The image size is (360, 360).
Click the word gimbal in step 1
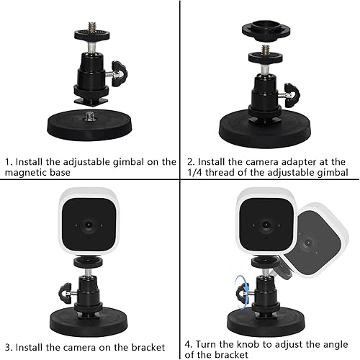click(x=128, y=162)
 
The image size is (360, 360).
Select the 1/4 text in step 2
click(x=194, y=172)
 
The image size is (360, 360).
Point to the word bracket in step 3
click(x=148, y=347)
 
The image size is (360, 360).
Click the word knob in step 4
click(x=248, y=344)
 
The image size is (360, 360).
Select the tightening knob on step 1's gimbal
click(x=120, y=73)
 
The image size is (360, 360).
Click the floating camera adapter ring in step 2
click(x=266, y=30)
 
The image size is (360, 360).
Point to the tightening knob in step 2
click(x=292, y=95)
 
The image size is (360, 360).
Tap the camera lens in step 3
click(x=89, y=225)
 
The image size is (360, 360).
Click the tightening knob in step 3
click(x=65, y=293)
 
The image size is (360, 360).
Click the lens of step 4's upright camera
click(x=266, y=225)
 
